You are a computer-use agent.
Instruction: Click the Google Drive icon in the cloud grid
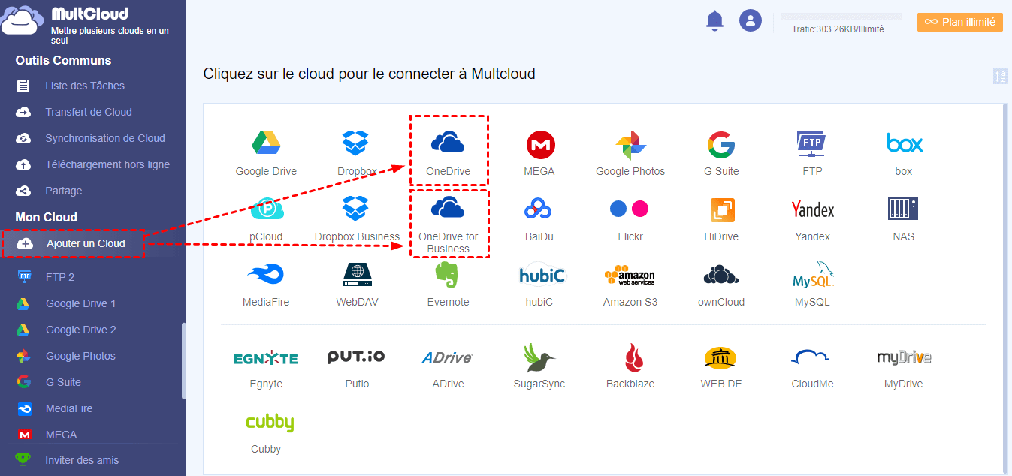pyautogui.click(x=266, y=143)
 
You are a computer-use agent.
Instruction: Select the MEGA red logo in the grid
pyautogui.click(x=539, y=143)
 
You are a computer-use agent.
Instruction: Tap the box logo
pyautogui.click(x=904, y=143)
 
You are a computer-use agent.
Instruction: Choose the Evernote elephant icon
pyautogui.click(x=448, y=274)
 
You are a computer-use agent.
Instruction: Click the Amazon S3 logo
pyautogui.click(x=630, y=276)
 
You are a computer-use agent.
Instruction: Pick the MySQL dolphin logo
pyautogui.click(x=813, y=276)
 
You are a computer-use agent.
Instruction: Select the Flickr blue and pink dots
pyautogui.click(x=629, y=209)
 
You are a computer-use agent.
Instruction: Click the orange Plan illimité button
pyautogui.click(x=959, y=22)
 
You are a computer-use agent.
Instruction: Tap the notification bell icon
pyautogui.click(x=714, y=21)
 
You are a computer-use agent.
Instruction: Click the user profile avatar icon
pyautogui.click(x=750, y=20)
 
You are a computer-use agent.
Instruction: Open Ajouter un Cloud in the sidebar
pyautogui.click(x=86, y=243)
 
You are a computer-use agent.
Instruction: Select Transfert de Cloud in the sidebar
pyautogui.click(x=88, y=112)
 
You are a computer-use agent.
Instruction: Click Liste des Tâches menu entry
pyautogui.click(x=84, y=86)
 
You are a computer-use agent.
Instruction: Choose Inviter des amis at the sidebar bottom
pyautogui.click(x=82, y=460)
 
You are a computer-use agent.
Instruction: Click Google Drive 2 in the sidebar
pyautogui.click(x=80, y=330)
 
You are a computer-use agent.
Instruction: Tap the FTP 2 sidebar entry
pyautogui.click(x=59, y=277)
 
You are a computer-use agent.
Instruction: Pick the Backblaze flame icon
pyautogui.click(x=630, y=357)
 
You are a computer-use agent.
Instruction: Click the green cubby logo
pyautogui.click(x=269, y=423)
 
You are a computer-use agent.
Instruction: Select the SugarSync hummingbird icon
pyautogui.click(x=539, y=357)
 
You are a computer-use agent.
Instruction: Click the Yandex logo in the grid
pyautogui.click(x=812, y=209)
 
